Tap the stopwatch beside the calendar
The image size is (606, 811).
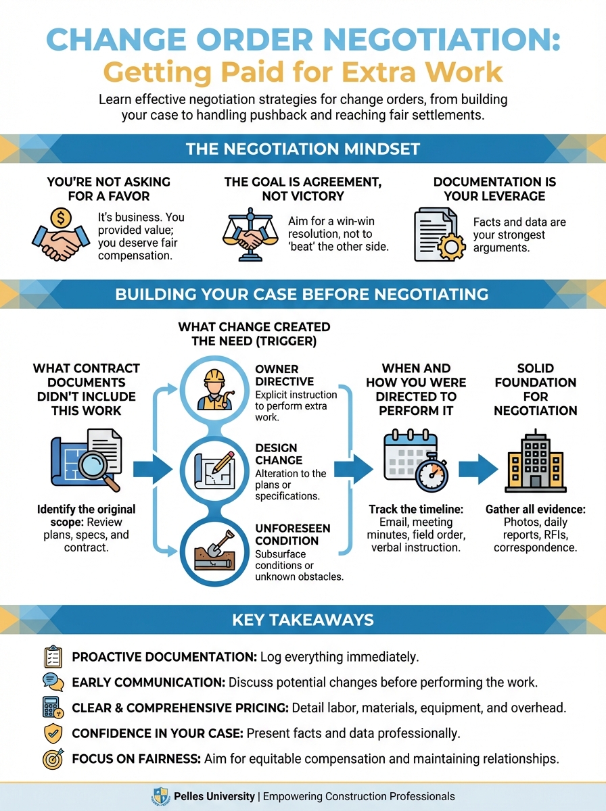[432, 474]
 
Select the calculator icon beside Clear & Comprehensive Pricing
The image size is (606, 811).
[52, 708]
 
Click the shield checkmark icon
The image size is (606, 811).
[52, 733]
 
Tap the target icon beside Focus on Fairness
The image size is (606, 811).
[52, 758]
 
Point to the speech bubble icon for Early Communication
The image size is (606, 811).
[52, 682]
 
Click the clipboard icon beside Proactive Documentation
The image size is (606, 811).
[52, 657]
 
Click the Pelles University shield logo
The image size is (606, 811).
[161, 796]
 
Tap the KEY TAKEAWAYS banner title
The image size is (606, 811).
[302, 619]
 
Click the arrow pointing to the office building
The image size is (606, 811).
[478, 468]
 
